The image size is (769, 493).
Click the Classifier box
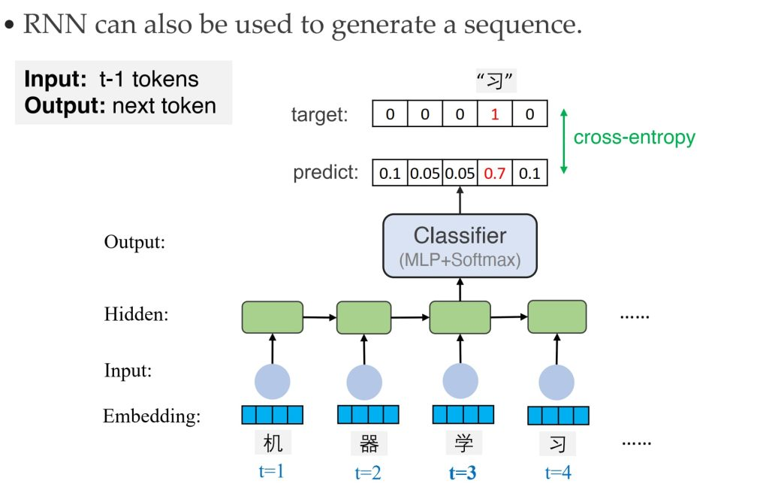tap(460, 246)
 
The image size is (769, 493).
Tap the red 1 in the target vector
tap(494, 114)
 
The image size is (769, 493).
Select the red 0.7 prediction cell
tap(494, 173)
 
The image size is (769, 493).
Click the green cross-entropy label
tap(634, 138)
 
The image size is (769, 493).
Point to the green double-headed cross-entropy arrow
tap(564, 141)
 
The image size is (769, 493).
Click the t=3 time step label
tap(463, 473)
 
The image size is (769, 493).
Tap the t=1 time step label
tap(271, 471)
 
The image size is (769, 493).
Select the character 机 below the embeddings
tap(273, 443)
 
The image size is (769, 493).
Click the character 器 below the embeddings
tap(369, 443)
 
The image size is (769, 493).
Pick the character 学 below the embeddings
tap(463, 443)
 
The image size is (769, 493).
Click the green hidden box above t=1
tap(272, 317)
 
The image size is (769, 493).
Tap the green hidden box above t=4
tap(556, 316)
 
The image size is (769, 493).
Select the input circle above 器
tap(364, 382)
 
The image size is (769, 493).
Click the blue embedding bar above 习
tap(558, 416)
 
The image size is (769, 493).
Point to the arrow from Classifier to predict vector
tap(460, 200)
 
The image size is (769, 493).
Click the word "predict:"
tap(326, 173)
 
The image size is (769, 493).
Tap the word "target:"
tap(319, 115)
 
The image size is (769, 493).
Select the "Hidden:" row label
tap(136, 314)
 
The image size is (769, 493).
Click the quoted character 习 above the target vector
tap(495, 81)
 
